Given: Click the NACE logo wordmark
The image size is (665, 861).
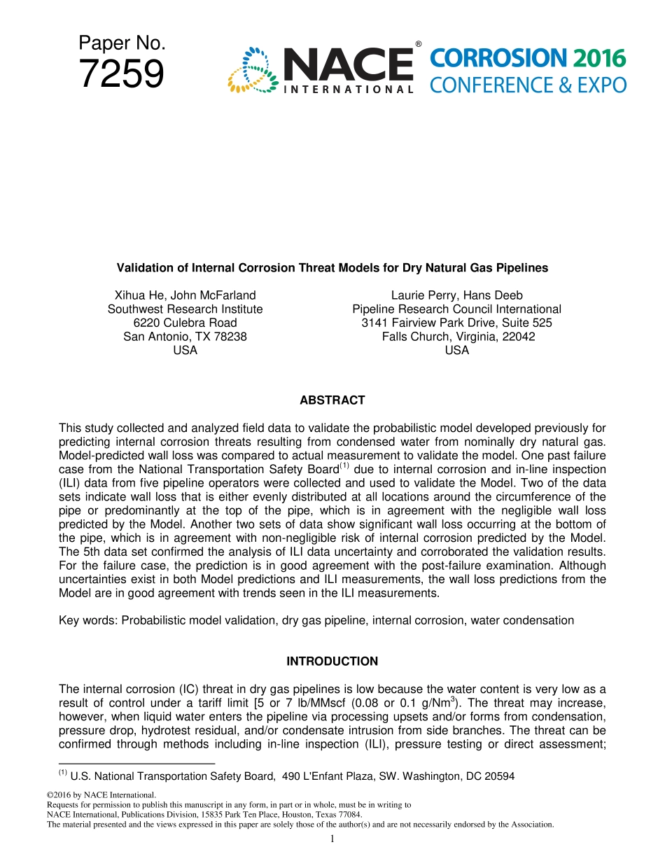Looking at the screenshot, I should (348, 64).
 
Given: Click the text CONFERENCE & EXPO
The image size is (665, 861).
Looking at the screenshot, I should (527, 85).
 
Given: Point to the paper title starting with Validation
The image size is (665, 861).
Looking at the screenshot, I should (332, 267).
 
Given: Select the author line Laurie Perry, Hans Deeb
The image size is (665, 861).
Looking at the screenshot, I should (456, 295).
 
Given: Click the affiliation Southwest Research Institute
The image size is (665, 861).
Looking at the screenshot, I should (185, 309).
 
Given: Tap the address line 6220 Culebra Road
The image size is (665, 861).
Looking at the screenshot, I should (185, 323).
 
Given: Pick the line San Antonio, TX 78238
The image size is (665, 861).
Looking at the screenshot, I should (185, 337).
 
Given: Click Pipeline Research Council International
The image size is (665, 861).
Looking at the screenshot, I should (456, 309).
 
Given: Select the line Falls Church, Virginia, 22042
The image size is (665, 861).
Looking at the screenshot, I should (458, 337).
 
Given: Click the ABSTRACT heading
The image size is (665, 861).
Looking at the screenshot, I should (332, 400).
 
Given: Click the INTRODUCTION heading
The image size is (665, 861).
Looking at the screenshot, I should (332, 661).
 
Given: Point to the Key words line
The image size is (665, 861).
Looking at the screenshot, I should (316, 620).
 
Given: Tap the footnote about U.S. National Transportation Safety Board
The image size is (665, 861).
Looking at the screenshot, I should (287, 776).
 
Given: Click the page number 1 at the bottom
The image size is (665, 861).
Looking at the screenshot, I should (332, 839).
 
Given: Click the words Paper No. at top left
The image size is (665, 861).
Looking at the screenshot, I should (122, 43).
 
